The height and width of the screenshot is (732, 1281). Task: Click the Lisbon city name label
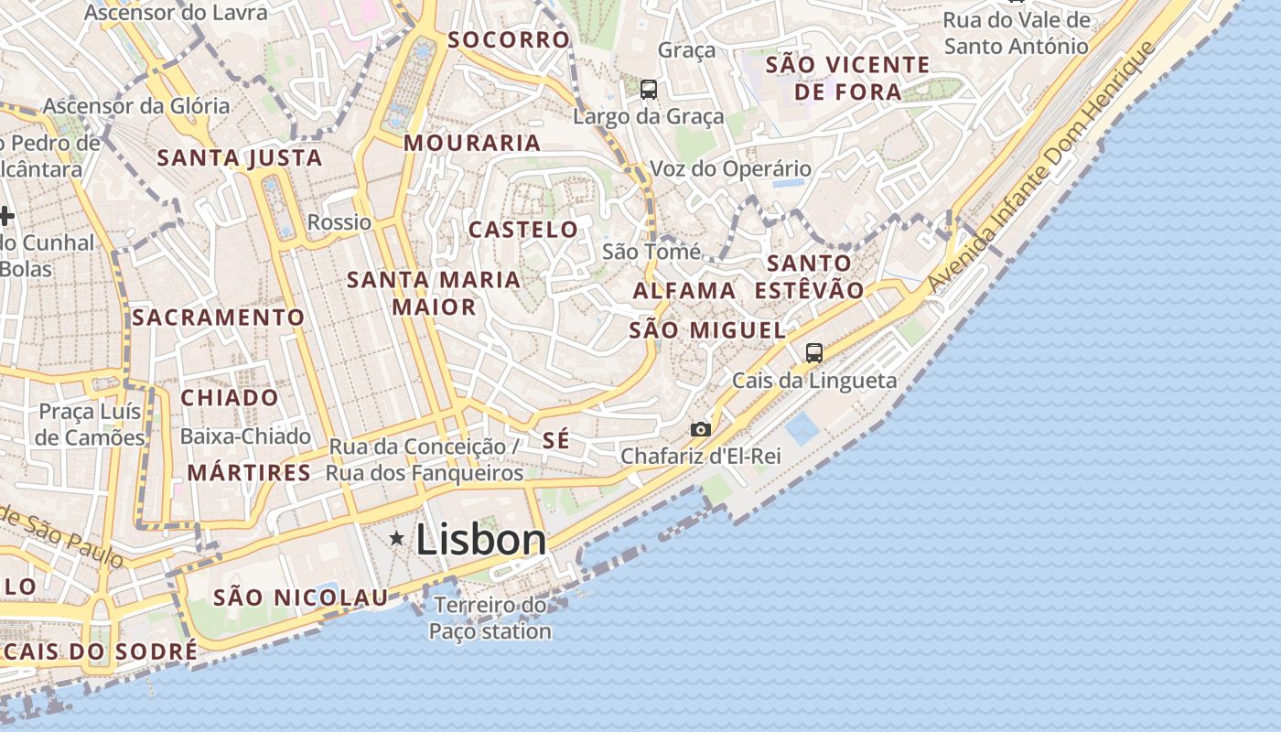click(x=480, y=539)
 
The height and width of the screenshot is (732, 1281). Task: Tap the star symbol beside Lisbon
click(x=397, y=538)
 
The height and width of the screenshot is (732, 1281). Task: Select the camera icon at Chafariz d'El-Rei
click(x=700, y=429)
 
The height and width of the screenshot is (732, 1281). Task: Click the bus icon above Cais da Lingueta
click(x=813, y=353)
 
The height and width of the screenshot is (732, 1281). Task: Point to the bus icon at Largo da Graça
click(x=649, y=90)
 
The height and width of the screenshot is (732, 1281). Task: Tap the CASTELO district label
click(x=523, y=230)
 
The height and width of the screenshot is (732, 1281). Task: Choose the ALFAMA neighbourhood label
click(x=684, y=291)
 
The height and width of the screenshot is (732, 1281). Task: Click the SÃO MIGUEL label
click(x=707, y=330)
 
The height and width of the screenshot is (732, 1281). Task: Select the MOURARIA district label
click(x=472, y=143)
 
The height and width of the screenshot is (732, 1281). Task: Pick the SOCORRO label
click(x=509, y=40)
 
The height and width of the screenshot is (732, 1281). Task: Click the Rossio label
click(x=339, y=222)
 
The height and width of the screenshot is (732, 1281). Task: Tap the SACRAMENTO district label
click(x=218, y=318)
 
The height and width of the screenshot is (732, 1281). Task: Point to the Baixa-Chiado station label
click(x=245, y=436)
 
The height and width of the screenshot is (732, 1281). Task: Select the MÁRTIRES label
click(x=249, y=473)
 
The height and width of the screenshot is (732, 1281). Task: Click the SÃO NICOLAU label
click(x=301, y=598)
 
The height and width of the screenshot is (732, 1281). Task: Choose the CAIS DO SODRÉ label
click(x=101, y=651)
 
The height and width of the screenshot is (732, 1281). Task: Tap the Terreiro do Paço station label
click(x=490, y=618)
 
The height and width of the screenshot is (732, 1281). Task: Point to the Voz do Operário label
click(x=730, y=169)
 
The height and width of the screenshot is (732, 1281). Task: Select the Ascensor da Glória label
click(x=136, y=106)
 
